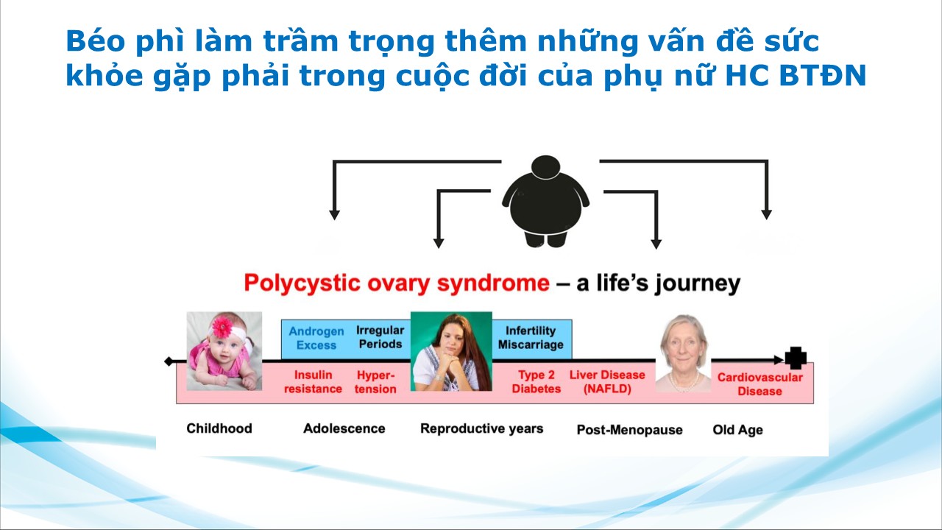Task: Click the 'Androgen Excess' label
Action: [x=316, y=338]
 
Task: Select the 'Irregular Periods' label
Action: [x=380, y=337]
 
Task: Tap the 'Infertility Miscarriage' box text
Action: [x=531, y=338]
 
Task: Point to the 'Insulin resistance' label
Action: [x=313, y=381]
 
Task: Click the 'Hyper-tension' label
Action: [x=375, y=382]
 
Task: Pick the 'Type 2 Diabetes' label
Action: [x=536, y=381]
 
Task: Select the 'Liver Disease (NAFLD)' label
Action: [x=607, y=381]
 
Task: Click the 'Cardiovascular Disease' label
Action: [x=760, y=384]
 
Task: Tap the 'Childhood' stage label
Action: [x=219, y=428]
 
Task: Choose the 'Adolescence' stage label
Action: [x=344, y=428]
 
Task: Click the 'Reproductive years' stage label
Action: [x=481, y=428]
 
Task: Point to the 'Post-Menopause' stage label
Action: [x=629, y=429]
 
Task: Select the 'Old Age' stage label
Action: [x=737, y=430]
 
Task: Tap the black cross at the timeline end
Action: [x=796, y=358]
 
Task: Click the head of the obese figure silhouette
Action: [x=545, y=167]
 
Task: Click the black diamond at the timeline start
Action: [x=169, y=361]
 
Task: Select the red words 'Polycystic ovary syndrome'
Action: [x=397, y=283]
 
